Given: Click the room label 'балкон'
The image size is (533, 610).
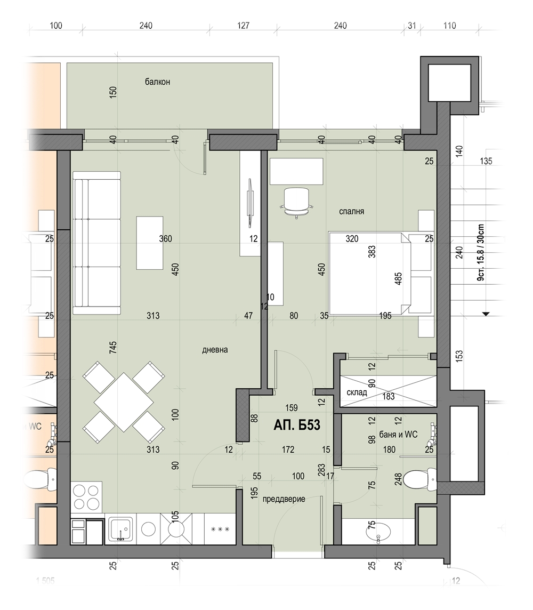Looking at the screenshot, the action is [157, 82].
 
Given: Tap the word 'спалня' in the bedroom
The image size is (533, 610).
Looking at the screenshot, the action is [351, 212].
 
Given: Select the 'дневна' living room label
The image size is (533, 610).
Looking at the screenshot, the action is [215, 350].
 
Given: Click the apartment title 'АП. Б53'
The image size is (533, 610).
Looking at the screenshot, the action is [297, 425].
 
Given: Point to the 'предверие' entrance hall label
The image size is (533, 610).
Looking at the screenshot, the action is [284, 499].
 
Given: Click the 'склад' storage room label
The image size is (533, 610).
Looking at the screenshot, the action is [357, 392].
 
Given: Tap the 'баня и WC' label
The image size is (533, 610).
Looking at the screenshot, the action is [398, 435].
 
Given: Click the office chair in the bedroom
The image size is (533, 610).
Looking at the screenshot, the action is [296, 202].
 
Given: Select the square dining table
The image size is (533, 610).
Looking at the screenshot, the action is [124, 402].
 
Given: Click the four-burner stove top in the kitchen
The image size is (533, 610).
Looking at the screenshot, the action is [86, 497].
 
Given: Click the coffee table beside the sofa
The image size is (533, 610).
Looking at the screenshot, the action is [150, 243].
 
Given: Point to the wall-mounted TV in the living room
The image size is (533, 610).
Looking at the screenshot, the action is [251, 202].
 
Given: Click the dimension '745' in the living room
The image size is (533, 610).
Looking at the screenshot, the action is [113, 347].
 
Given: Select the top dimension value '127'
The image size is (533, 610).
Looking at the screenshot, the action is [243, 26].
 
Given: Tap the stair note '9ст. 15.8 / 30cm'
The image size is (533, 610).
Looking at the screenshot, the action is [481, 252].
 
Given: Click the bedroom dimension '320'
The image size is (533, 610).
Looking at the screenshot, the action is [352, 239].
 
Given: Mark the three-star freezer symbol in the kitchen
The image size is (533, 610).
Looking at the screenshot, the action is [220, 529].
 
